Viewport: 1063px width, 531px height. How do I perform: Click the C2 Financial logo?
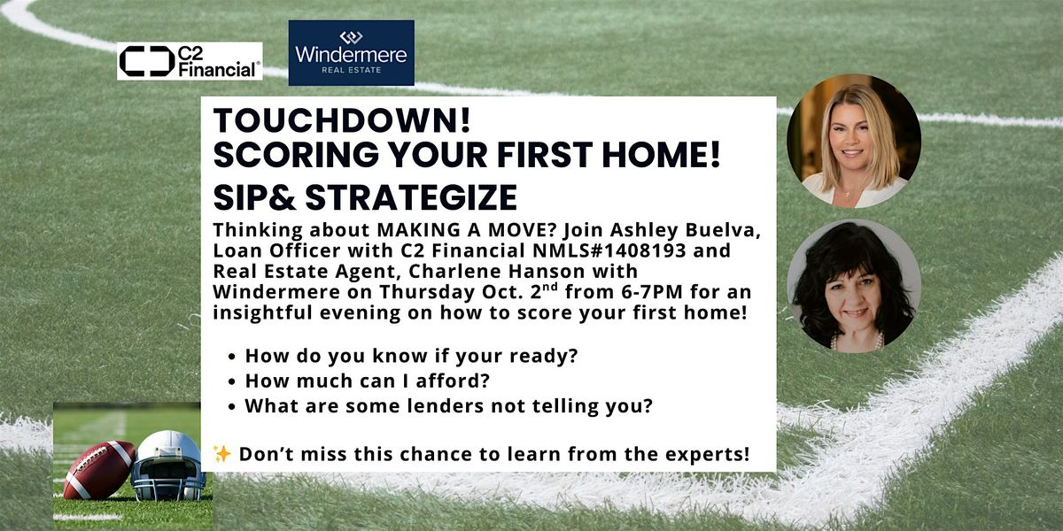190,61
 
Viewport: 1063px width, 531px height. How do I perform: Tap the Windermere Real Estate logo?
351,52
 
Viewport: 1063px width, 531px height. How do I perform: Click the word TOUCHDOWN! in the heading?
342,120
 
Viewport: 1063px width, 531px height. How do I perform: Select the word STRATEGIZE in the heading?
411,197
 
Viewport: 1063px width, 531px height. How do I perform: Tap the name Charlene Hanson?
523,271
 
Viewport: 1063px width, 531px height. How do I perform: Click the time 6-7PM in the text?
652,292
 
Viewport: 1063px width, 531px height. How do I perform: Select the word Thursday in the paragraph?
427,293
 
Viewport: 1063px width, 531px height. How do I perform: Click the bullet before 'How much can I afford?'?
231,381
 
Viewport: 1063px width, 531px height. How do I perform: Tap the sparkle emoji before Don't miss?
221,454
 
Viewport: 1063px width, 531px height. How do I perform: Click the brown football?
99,469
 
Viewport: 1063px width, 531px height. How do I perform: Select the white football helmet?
168,466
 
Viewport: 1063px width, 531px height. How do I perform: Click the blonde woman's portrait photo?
854,142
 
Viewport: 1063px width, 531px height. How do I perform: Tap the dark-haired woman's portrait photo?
854,287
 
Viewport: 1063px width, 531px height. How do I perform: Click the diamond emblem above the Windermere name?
351,36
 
